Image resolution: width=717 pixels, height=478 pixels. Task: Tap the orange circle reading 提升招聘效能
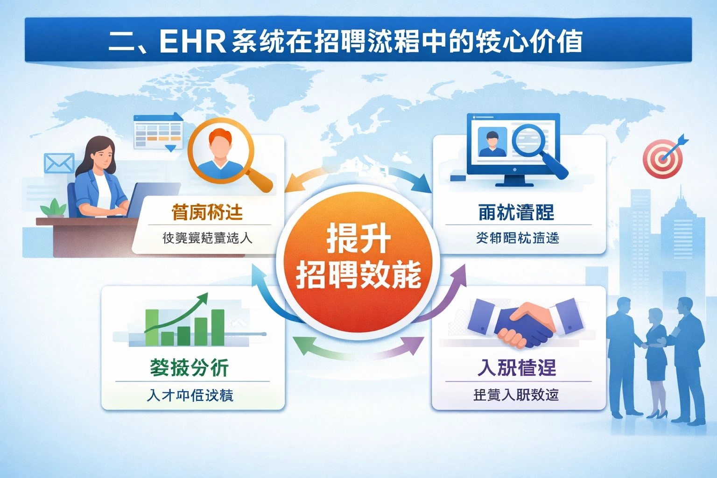(x=358, y=258)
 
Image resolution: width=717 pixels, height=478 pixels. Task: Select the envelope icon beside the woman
(x=59, y=163)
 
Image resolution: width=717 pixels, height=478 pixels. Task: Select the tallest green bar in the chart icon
(x=218, y=327)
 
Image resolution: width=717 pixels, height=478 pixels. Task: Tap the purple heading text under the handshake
(x=517, y=368)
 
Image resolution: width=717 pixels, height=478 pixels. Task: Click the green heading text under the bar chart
(x=189, y=368)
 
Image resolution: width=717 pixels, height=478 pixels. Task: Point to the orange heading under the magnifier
(x=207, y=212)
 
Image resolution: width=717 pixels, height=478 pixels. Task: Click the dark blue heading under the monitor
(x=516, y=212)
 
